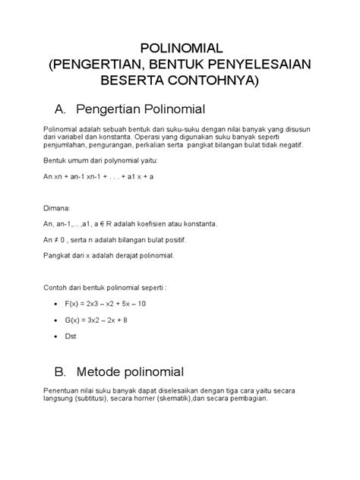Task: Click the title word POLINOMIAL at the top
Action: (x=179, y=48)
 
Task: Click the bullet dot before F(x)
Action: (x=58, y=304)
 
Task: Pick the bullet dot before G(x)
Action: (x=58, y=320)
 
